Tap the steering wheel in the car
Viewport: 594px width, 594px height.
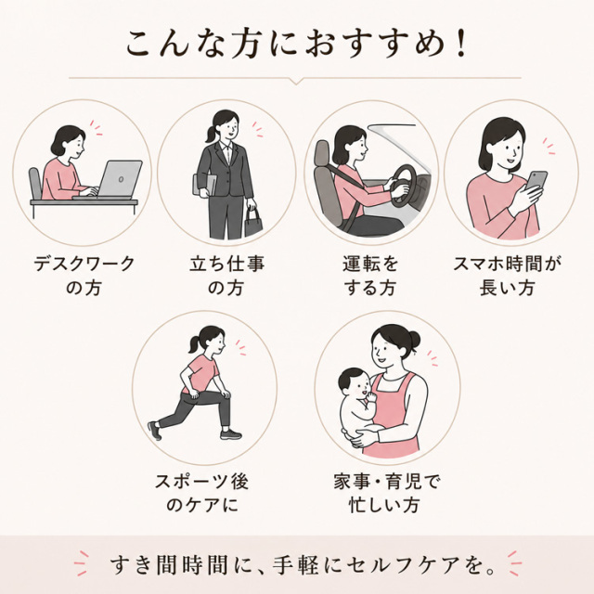coord(403,186)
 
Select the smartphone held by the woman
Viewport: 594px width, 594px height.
coord(536,181)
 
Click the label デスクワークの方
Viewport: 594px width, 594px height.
coord(84,276)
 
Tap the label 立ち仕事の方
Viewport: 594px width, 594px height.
coord(226,276)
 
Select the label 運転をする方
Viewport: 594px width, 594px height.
coord(370,276)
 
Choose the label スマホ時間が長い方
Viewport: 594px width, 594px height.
coord(508,276)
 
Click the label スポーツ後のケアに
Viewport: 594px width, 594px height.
coord(202,493)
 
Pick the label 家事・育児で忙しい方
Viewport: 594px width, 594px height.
coord(386,493)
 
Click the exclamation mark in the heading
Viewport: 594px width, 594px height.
coord(461,45)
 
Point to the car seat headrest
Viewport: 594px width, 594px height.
coord(322,152)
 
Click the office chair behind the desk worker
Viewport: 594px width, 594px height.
coord(35,184)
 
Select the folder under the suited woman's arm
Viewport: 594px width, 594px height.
coord(204,186)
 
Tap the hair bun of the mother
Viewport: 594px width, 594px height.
coord(414,338)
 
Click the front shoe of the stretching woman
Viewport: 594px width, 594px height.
coord(231,433)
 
